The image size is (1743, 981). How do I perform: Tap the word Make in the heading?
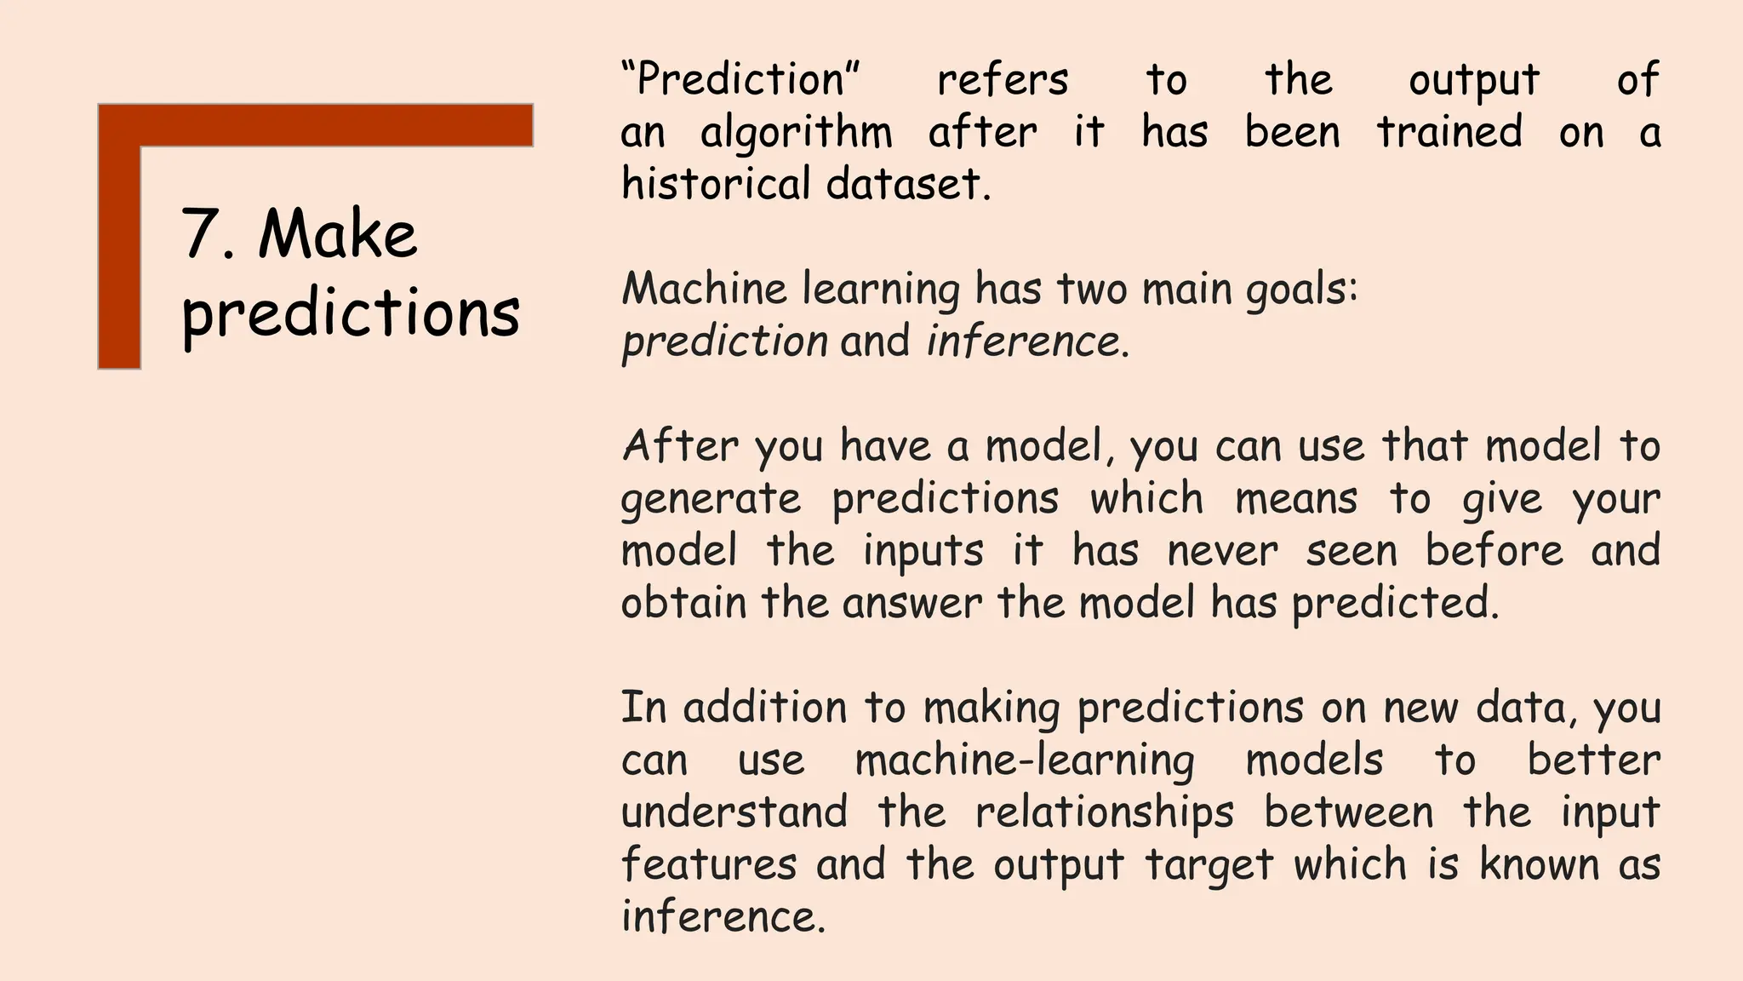338,234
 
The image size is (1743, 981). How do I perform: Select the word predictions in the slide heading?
350,313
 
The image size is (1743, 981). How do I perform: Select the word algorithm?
797,134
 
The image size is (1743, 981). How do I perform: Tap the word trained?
1449,132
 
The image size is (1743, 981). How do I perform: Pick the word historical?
716,184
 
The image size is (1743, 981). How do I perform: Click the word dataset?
907,184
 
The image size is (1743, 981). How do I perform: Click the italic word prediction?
724,342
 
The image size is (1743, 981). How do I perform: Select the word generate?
711,499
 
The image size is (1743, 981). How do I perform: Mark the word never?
1222,551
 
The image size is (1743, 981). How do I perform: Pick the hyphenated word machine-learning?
1024,760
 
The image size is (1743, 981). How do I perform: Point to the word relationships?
1104,813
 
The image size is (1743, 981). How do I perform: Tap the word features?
708,865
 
